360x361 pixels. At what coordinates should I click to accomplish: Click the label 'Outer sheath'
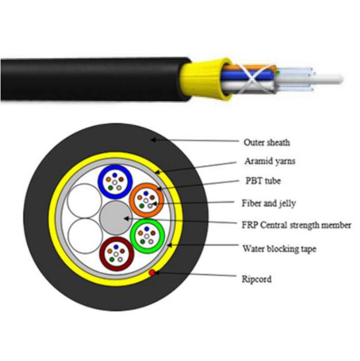tap(266, 143)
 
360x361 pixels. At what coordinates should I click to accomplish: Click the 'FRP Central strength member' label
tap(297, 225)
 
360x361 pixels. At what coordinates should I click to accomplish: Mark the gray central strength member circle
tap(115, 216)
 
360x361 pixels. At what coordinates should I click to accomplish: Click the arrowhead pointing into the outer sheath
tap(156, 140)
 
